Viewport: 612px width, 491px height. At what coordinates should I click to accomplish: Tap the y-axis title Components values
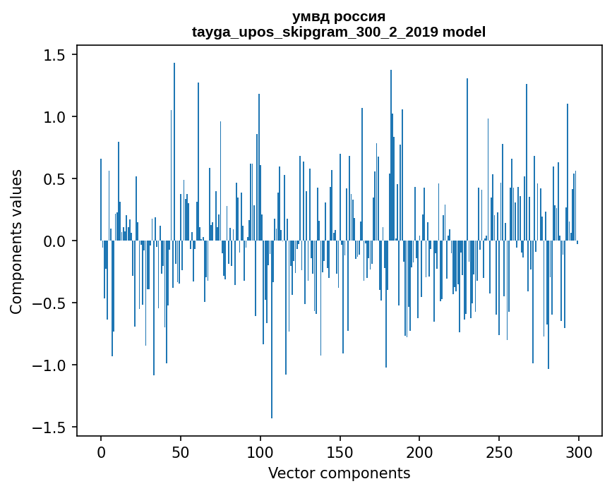click(x=16, y=241)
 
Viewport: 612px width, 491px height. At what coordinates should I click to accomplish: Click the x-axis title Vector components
click(x=339, y=473)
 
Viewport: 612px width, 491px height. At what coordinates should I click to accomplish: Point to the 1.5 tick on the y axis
click(x=56, y=55)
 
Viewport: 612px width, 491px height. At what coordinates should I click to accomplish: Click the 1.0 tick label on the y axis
click(x=56, y=117)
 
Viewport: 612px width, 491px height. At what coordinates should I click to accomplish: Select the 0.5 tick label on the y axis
click(x=56, y=179)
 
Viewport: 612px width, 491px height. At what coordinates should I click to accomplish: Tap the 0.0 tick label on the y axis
click(x=56, y=241)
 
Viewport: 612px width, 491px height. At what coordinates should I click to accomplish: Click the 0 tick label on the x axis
click(x=101, y=451)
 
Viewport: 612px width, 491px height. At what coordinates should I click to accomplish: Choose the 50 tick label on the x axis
click(x=181, y=451)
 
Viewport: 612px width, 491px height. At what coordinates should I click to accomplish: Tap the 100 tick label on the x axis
click(x=260, y=451)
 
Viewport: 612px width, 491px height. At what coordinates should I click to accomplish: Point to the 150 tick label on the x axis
click(x=340, y=451)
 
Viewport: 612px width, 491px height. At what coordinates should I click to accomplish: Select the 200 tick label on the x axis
click(x=420, y=451)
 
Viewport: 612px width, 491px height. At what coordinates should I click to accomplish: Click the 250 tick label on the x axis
click(x=500, y=451)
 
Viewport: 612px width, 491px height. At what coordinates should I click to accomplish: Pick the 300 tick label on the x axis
click(x=579, y=451)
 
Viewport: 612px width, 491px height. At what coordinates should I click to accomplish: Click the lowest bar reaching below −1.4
click(x=272, y=353)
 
